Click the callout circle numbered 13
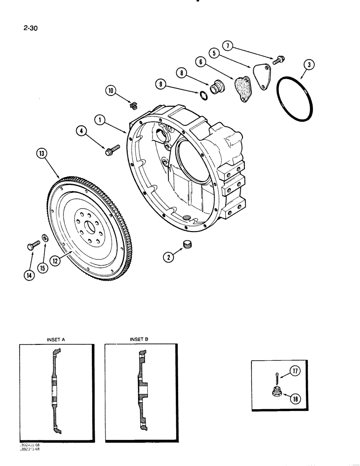[x=39, y=153]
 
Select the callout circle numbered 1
[x=99, y=120]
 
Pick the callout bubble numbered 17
[x=294, y=371]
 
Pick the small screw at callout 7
[x=280, y=59]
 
